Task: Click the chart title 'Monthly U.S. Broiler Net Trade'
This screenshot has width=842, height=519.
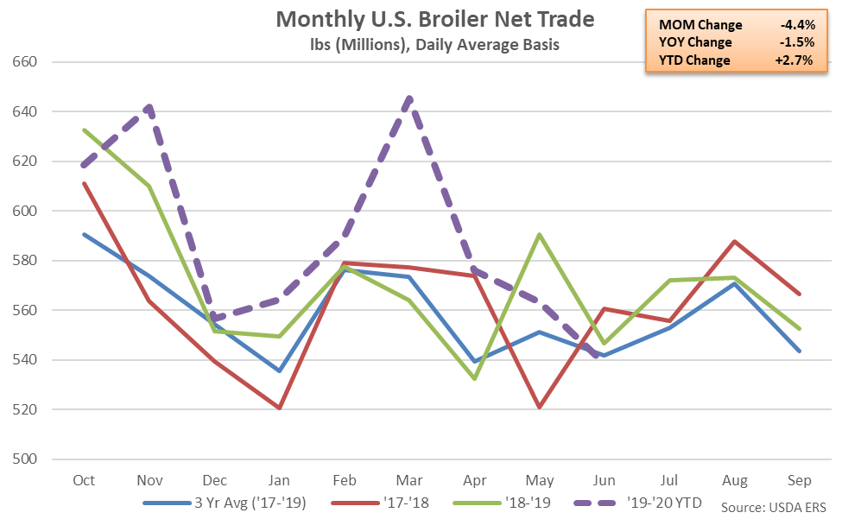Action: pyautogui.click(x=435, y=18)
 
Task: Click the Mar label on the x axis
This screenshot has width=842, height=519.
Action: pyautogui.click(x=408, y=479)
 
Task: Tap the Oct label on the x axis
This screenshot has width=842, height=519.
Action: pyautogui.click(x=85, y=479)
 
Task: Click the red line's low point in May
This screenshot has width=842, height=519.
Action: pyautogui.click(x=539, y=407)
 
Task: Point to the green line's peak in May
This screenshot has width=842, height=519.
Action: pyautogui.click(x=539, y=234)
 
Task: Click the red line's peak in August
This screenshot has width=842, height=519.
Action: pyautogui.click(x=735, y=241)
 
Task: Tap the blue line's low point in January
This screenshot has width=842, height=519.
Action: pyautogui.click(x=280, y=370)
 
